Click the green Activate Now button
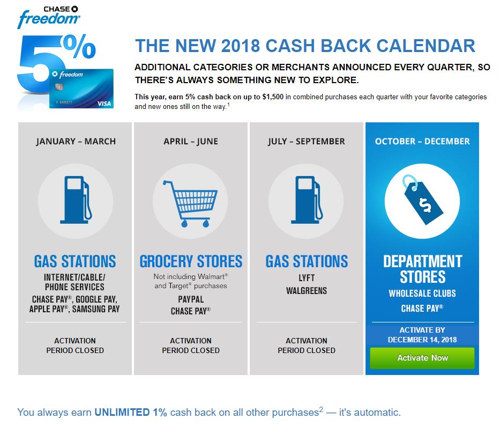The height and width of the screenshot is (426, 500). [422, 358]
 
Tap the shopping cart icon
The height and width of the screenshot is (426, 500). [190, 204]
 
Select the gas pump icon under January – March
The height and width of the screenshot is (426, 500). [76, 200]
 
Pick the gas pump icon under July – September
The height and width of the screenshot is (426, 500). [307, 200]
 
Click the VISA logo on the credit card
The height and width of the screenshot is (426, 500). [104, 104]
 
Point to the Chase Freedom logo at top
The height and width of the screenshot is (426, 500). [48, 17]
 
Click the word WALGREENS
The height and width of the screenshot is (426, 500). [307, 291]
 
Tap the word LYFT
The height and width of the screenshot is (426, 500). [307, 278]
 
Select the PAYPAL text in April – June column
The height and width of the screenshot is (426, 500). [191, 299]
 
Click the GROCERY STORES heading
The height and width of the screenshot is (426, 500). [191, 261]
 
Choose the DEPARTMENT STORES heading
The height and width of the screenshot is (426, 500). [422, 269]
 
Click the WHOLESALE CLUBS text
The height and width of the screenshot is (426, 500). [422, 293]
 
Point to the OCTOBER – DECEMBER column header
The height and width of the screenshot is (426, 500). [422, 141]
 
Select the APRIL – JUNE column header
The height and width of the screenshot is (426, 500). [191, 141]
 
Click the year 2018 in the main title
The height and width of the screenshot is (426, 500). [241, 46]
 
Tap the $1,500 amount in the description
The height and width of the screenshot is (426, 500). [273, 97]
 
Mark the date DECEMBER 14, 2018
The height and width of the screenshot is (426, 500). [422, 340]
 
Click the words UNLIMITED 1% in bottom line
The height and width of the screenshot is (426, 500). [131, 412]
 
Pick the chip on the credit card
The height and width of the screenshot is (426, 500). [59, 86]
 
